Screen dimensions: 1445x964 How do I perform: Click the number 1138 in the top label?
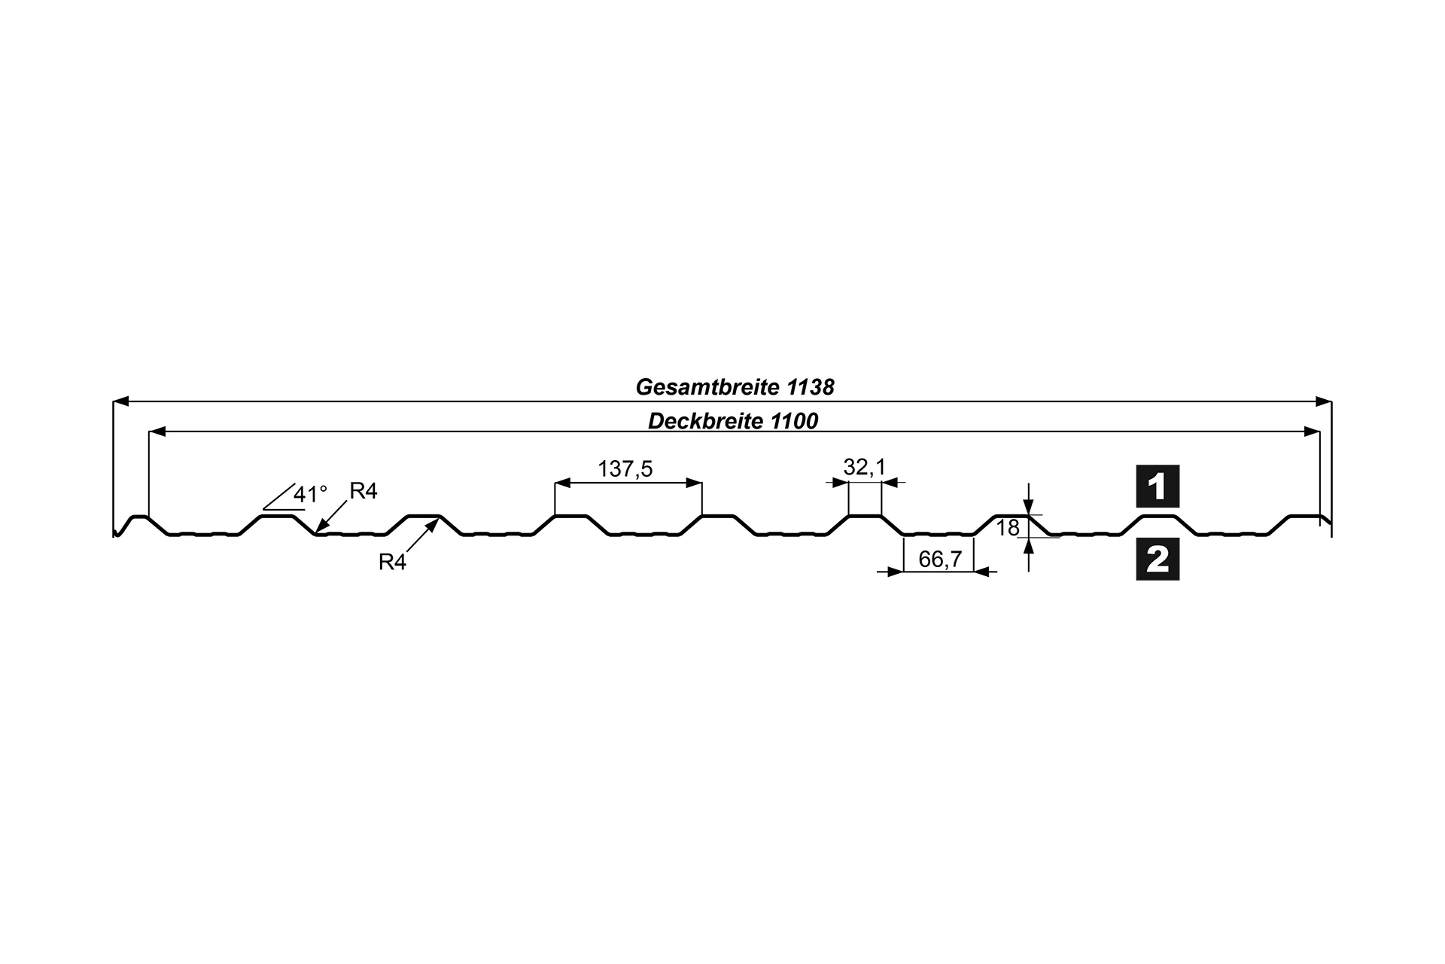coord(811,387)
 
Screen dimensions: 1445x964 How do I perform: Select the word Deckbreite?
coord(706,421)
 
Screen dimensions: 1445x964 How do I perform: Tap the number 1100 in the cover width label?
coord(794,421)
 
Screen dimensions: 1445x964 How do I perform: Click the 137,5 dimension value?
coord(625,469)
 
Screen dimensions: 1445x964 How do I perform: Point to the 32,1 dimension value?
coord(865,467)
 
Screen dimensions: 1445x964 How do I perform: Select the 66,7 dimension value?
coord(940,560)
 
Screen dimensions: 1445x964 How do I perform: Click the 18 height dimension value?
coord(1008,528)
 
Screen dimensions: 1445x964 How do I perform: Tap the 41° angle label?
coord(310,495)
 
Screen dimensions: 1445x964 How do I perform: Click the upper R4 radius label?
coord(363,491)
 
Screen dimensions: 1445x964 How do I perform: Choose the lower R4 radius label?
coord(392,562)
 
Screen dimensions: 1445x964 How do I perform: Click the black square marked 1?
coord(1158,486)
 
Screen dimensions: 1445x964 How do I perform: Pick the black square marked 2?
coord(1158,559)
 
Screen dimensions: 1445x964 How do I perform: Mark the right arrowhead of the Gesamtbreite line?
coord(1323,401)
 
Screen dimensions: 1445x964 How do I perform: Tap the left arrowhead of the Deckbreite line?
coord(158,432)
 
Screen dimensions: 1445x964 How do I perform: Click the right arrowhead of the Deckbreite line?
coord(1311,432)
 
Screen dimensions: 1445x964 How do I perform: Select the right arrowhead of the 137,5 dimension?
coord(693,482)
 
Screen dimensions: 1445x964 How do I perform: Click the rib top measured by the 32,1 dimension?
coord(865,516)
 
